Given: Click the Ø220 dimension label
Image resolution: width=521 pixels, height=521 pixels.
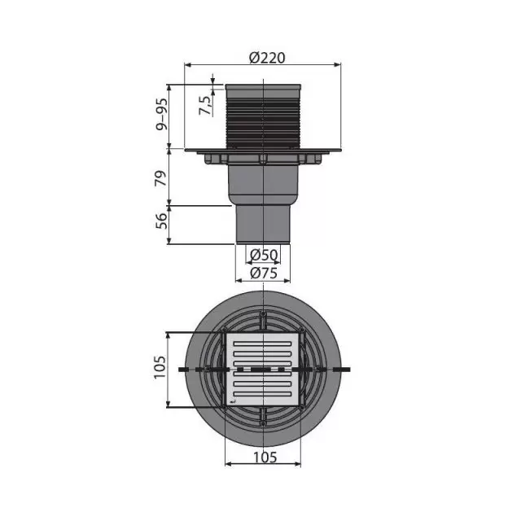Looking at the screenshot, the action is pyautogui.click(x=267, y=58).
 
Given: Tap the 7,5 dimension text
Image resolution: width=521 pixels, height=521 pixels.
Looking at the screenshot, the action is pyautogui.click(x=205, y=106).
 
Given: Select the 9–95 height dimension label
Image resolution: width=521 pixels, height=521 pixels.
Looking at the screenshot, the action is pyautogui.click(x=162, y=114).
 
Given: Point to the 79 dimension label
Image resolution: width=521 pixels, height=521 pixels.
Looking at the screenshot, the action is pyautogui.click(x=161, y=178).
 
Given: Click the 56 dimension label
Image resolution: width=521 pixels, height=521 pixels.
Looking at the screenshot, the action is pyautogui.click(x=161, y=221).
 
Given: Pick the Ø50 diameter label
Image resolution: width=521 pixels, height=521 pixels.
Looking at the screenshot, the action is pyautogui.click(x=264, y=255).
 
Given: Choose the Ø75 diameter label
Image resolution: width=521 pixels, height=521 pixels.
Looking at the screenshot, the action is pyautogui.click(x=264, y=274).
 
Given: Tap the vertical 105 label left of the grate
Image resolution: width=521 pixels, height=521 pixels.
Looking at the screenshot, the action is pyautogui.click(x=160, y=367).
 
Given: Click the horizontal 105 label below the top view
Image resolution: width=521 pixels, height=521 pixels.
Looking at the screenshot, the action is pyautogui.click(x=265, y=458).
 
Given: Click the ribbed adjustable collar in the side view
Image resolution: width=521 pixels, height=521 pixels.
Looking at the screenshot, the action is pyautogui.click(x=263, y=116).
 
